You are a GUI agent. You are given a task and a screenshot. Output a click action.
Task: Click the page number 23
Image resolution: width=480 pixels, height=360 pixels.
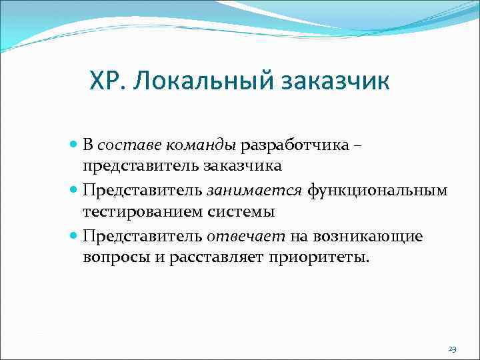453,349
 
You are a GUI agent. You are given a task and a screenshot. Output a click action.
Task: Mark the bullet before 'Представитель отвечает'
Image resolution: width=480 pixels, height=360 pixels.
73,237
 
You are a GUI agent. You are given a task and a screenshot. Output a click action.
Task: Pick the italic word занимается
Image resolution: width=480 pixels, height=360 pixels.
255,191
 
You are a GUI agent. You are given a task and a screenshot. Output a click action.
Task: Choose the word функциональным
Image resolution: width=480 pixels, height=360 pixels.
377,191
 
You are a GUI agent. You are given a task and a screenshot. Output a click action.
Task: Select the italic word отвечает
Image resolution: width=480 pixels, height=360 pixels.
246,237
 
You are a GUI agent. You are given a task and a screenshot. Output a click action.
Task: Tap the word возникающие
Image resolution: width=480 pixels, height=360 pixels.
366,237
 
